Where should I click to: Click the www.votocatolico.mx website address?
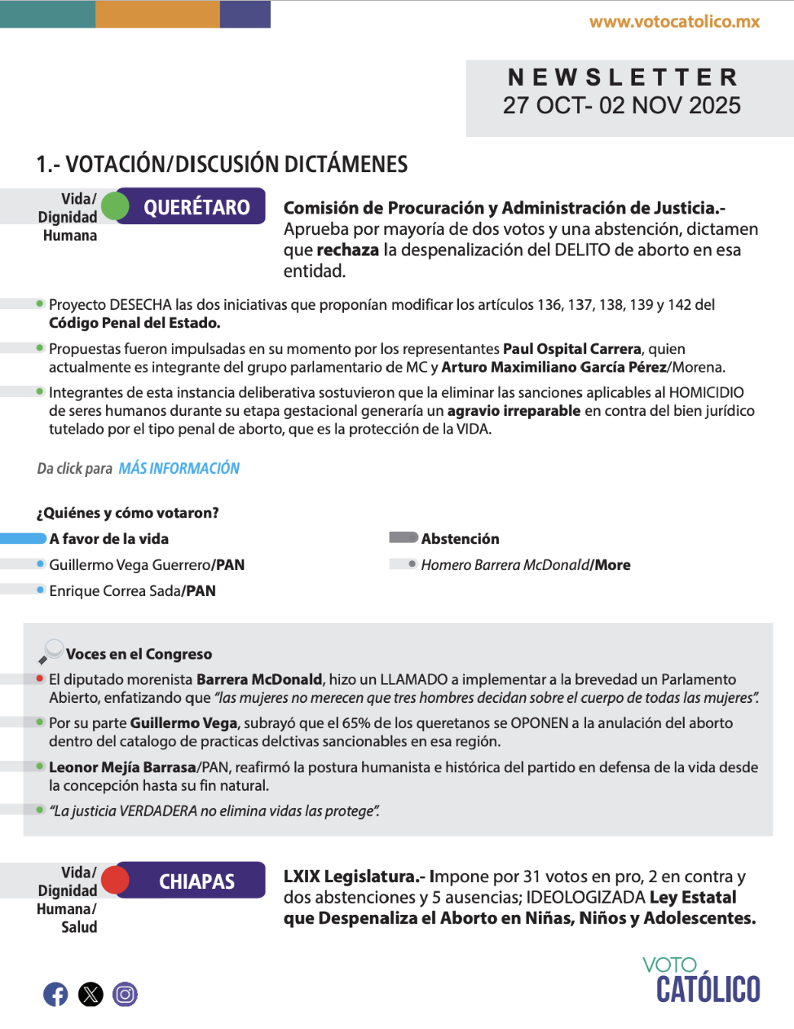click(x=674, y=22)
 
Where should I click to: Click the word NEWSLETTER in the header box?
click(x=623, y=77)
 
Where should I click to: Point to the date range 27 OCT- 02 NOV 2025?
click(x=622, y=105)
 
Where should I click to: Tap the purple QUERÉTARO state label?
click(x=196, y=207)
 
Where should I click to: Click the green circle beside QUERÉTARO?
click(x=115, y=206)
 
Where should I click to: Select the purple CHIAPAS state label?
click(x=196, y=881)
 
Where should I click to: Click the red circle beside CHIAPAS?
click(x=115, y=880)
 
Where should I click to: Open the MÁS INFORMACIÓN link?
click(x=179, y=469)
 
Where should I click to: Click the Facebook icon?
click(x=55, y=994)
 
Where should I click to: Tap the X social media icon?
click(x=90, y=994)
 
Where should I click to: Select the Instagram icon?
click(x=125, y=994)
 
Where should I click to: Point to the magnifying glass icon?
click(x=51, y=651)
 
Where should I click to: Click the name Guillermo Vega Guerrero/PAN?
click(x=147, y=565)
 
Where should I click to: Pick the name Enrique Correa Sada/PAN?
click(x=132, y=591)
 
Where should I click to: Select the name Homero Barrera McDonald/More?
click(x=526, y=565)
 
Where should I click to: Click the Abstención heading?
click(x=460, y=539)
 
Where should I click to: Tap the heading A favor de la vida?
click(x=108, y=539)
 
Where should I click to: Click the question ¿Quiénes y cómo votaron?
click(x=127, y=513)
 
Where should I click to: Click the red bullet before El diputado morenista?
click(x=40, y=678)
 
